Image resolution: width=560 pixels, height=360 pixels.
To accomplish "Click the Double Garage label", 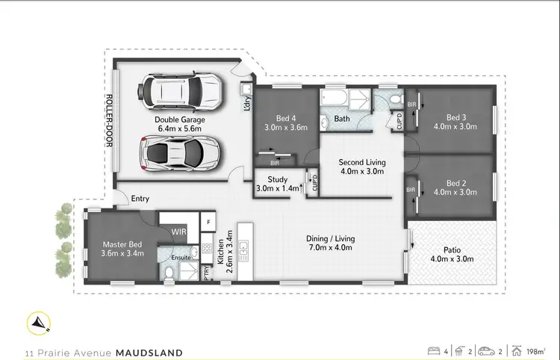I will pos(180,123).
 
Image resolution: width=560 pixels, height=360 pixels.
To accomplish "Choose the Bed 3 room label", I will pos(456,122).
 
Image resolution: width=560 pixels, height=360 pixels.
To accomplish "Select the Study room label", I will pos(276,184).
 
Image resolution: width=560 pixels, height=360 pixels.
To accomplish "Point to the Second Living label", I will pos(361,166).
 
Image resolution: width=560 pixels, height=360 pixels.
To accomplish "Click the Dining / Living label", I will pos(330,243).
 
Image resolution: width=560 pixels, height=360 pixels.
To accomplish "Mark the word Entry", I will pos(140,199).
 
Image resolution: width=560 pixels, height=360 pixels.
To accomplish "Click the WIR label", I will pos(178,232).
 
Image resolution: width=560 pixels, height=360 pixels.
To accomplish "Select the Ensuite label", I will pos(181,258).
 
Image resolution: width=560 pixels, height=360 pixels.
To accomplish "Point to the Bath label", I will pos(342,119).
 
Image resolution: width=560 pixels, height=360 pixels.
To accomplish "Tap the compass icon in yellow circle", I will pos(37,323).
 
